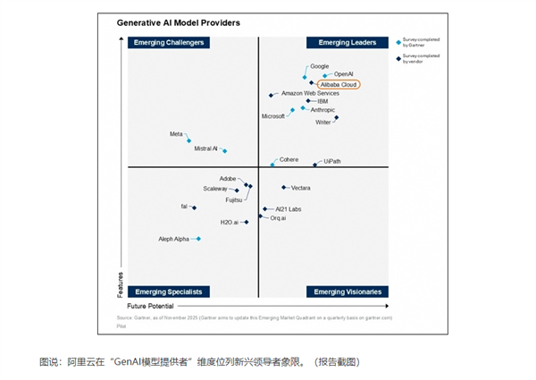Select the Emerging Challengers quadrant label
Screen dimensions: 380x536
point(169,42)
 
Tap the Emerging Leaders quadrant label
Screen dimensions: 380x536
point(348,42)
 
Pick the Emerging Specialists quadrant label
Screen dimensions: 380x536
point(169,291)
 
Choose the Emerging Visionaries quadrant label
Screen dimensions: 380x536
point(348,291)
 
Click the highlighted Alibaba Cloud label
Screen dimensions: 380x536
point(339,85)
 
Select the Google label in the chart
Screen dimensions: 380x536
point(320,66)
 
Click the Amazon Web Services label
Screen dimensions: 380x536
point(310,93)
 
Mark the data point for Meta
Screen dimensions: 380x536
point(188,140)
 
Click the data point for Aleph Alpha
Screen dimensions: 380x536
point(198,239)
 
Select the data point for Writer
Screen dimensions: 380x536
point(337,117)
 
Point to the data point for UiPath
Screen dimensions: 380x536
point(314,165)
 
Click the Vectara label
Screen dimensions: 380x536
point(301,188)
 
